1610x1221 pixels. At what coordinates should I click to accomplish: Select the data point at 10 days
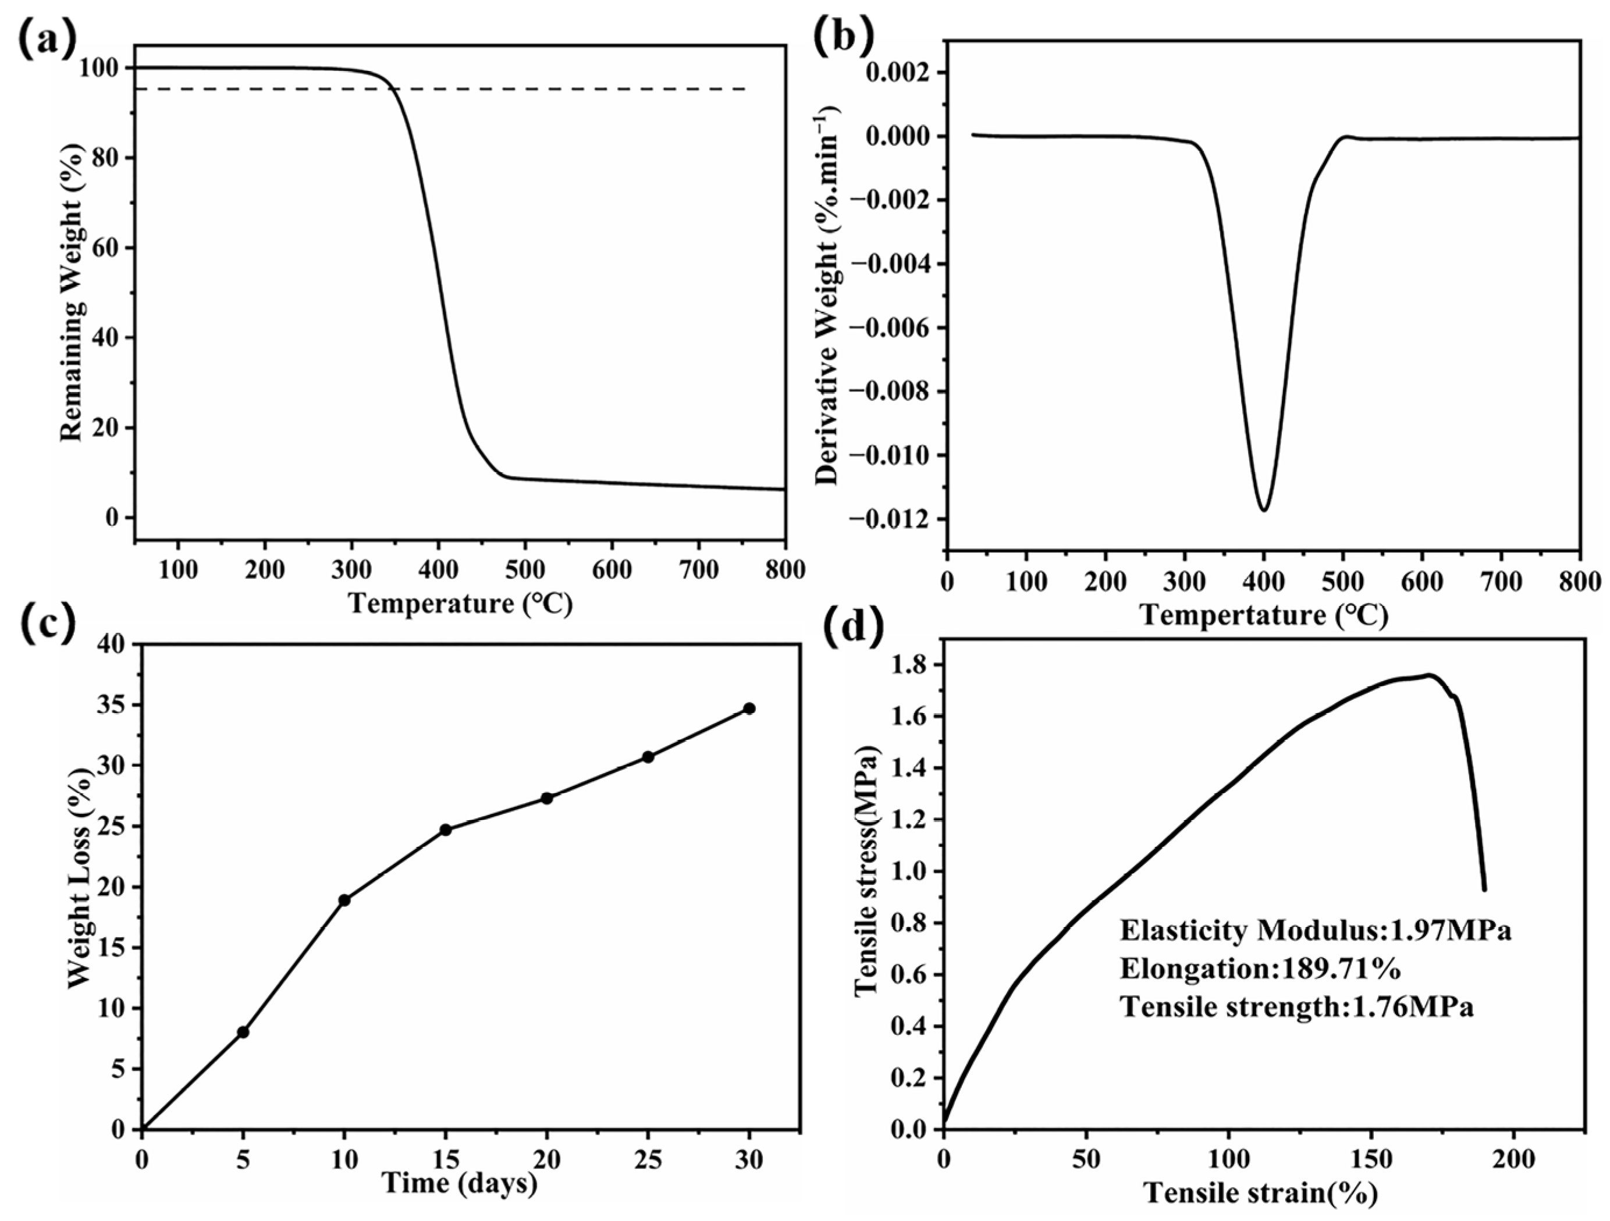tap(344, 900)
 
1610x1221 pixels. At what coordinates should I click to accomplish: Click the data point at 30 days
tap(749, 708)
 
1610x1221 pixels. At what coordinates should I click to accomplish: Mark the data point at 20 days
tap(546, 798)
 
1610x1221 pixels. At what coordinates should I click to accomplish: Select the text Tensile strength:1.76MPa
tap(1296, 1007)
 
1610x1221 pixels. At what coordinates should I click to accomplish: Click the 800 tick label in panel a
tap(784, 569)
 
